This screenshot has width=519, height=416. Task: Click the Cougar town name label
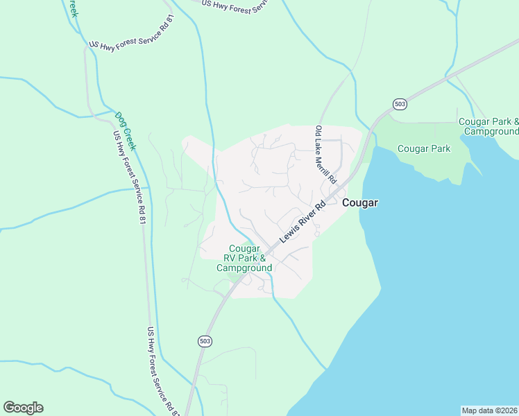pyautogui.click(x=359, y=202)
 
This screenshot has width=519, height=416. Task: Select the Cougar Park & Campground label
pyautogui.click(x=489, y=126)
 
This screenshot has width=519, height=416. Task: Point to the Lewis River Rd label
pyautogui.click(x=303, y=222)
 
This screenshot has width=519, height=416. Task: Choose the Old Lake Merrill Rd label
pyautogui.click(x=325, y=155)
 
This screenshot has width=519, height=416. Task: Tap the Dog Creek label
pyautogui.click(x=124, y=132)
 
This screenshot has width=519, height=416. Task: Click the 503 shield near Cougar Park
pyautogui.click(x=399, y=104)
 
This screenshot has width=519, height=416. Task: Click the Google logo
pyautogui.click(x=23, y=408)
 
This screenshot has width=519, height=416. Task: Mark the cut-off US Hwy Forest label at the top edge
pyautogui.click(x=235, y=3)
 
